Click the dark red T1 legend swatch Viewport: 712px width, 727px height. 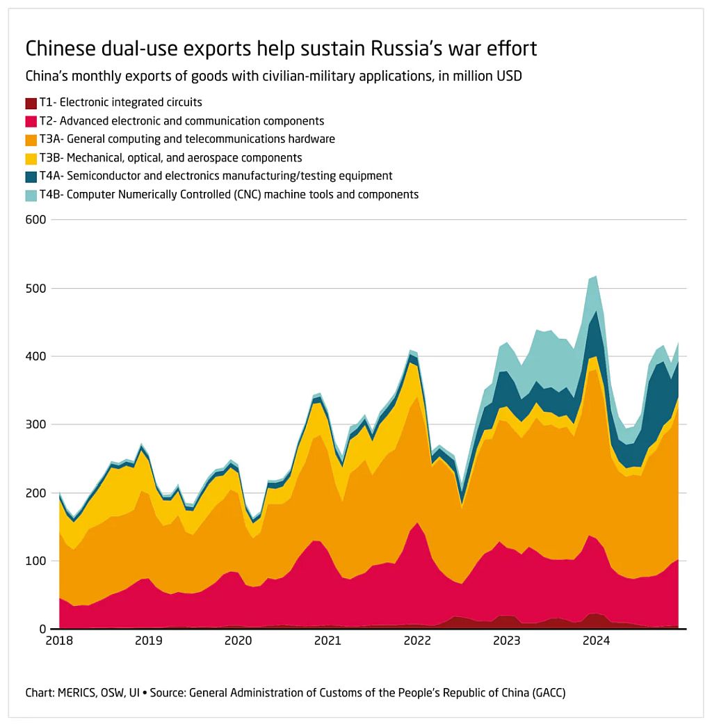pyautogui.click(x=31, y=103)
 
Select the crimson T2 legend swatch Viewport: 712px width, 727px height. pyautogui.click(x=31, y=121)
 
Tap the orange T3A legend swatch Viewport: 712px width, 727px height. pyautogui.click(x=31, y=139)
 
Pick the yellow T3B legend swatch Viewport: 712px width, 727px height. pyautogui.click(x=31, y=158)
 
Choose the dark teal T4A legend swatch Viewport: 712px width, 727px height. pyautogui.click(x=31, y=176)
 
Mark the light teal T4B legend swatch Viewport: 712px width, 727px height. pyautogui.click(x=31, y=195)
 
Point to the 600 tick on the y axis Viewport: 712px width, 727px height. pyautogui.click(x=35, y=220)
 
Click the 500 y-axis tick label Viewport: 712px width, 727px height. pyautogui.click(x=35, y=288)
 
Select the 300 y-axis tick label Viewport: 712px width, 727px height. pyautogui.click(x=35, y=424)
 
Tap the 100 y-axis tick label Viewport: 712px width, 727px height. pyautogui.click(x=35, y=561)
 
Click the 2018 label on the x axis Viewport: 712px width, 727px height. pyautogui.click(x=59, y=640)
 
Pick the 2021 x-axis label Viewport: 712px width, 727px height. pyautogui.click(x=327, y=640)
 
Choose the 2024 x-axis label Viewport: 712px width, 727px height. pyautogui.click(x=597, y=640)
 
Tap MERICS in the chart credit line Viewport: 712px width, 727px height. pyautogui.click(x=76, y=693)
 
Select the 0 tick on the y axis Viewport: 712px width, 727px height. pyautogui.click(x=42, y=629)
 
